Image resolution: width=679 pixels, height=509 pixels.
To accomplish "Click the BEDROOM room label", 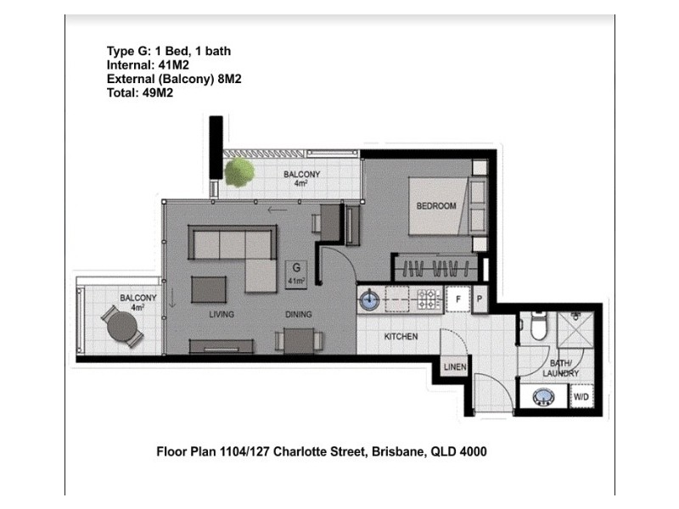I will [435, 206].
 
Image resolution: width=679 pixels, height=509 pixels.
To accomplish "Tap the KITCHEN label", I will [401, 337].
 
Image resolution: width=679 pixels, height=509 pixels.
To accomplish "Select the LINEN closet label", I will [453, 366].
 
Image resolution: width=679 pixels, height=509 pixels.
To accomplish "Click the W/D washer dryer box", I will [581, 396].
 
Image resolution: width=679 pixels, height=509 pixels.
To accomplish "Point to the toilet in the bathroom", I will [536, 325].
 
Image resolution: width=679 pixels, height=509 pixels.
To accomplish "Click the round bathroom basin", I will [540, 396].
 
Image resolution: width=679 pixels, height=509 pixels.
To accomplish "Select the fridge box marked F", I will [457, 299].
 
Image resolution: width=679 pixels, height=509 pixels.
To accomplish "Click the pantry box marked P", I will [478, 299].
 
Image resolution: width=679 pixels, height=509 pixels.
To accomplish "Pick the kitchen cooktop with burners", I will [426, 299].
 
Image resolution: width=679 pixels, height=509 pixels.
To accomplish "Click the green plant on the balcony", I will [239, 172].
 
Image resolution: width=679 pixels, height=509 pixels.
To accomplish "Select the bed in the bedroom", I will [438, 205].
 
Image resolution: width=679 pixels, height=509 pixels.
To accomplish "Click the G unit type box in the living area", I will [296, 272].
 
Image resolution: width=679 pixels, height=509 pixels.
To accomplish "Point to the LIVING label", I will [222, 315].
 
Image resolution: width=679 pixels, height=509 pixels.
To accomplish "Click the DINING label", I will [298, 315].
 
